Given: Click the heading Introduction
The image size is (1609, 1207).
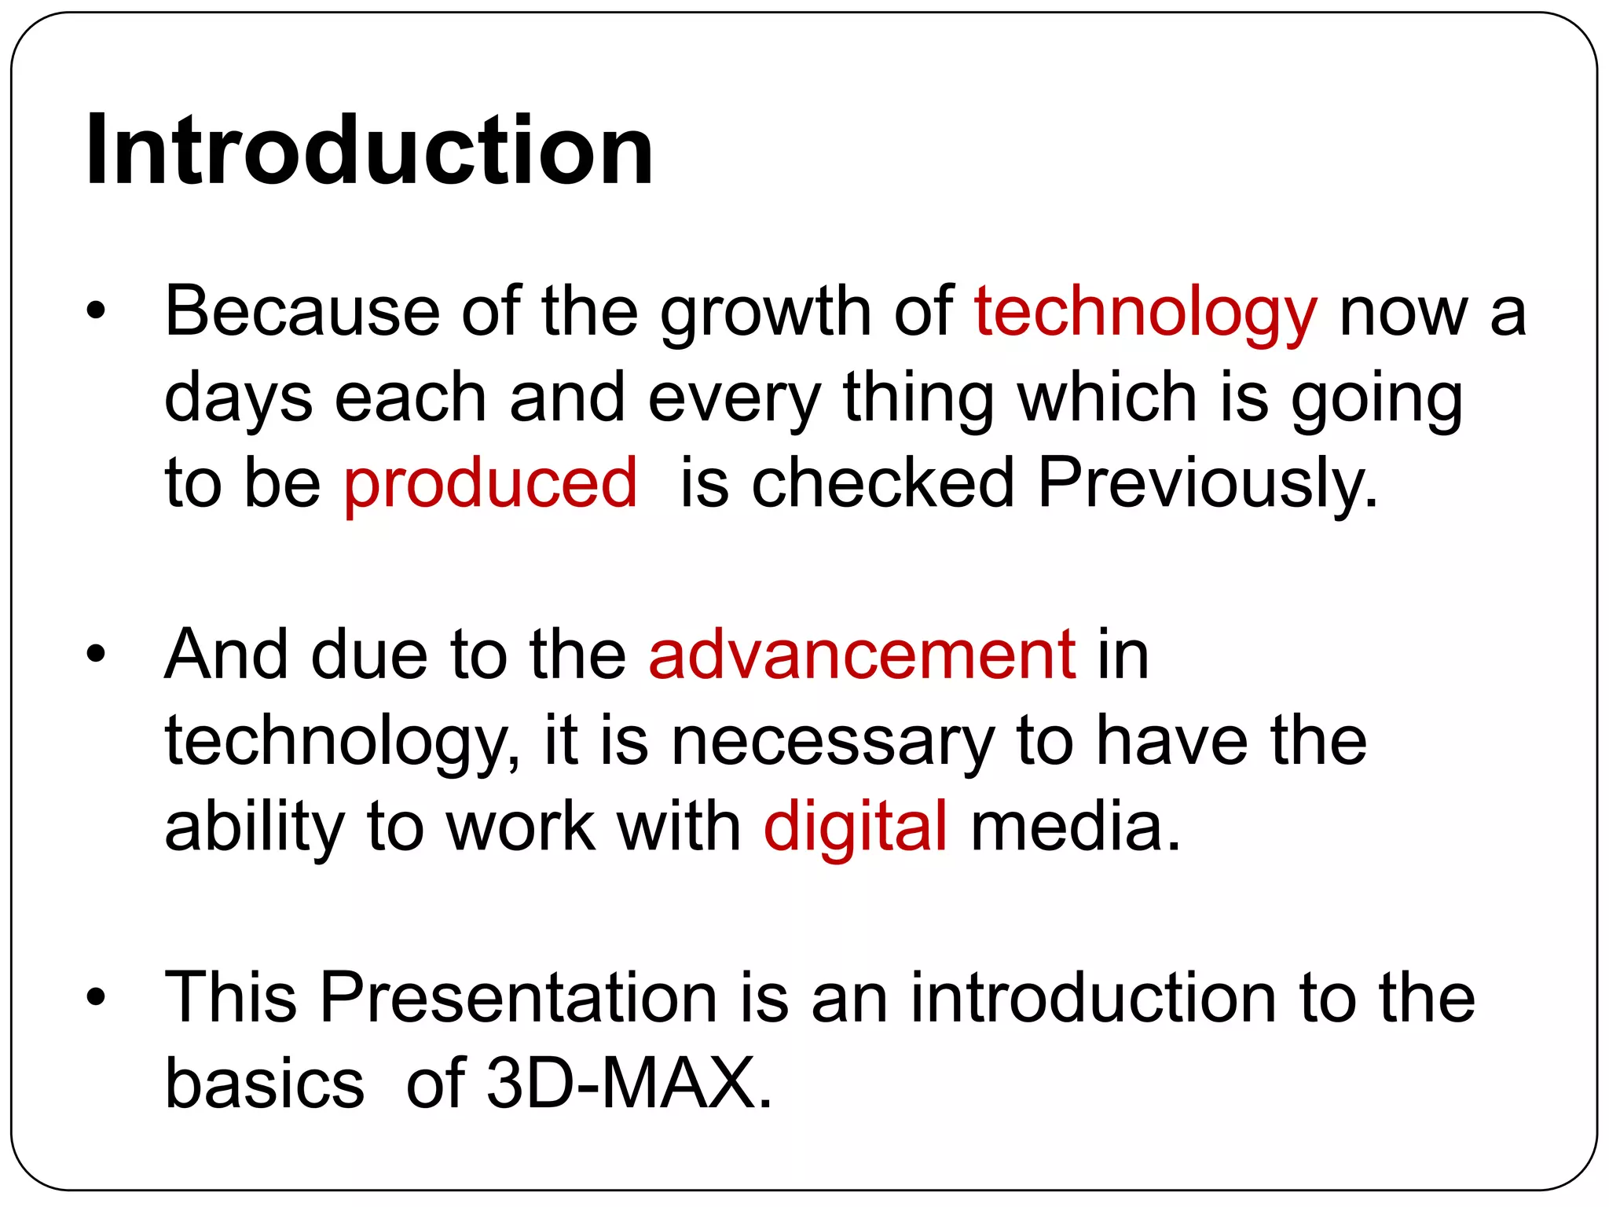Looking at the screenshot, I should (369, 151).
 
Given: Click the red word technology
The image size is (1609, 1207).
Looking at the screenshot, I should (1145, 313).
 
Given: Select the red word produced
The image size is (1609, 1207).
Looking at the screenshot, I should (490, 483).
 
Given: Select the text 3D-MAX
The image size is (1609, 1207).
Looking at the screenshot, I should (629, 1083).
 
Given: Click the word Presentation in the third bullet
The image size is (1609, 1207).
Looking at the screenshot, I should (519, 997).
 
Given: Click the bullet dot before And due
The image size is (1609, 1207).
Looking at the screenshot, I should (96, 655).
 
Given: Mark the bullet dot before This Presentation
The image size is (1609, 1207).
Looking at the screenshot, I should (96, 997).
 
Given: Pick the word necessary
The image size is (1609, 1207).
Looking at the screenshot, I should (832, 743).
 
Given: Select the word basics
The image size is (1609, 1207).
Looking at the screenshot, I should (265, 1083).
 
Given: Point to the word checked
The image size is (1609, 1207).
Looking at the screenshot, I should (882, 483).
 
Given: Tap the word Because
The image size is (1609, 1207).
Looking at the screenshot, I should (302, 313).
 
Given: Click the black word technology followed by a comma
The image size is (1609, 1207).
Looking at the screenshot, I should (341, 743).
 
